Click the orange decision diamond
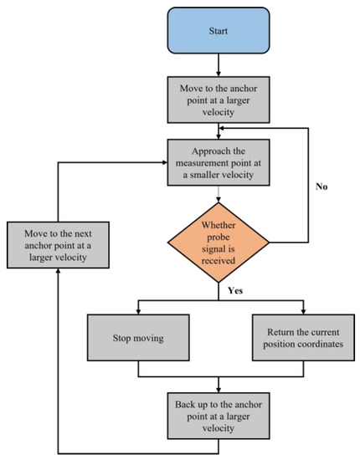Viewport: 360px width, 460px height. [219, 243]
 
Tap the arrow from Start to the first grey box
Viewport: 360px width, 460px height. [219, 64]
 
